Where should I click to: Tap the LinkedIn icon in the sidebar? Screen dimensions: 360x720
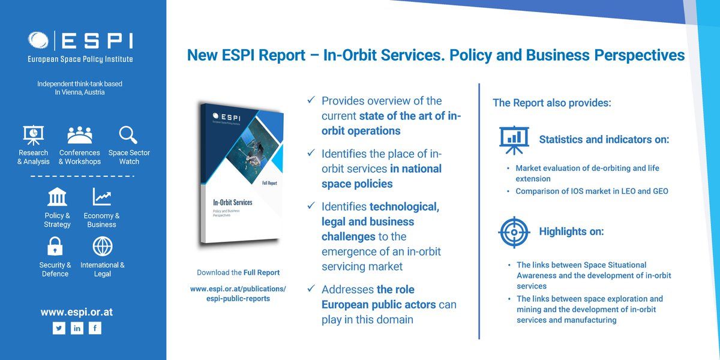point(77,328)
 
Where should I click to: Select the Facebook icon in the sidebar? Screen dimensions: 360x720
point(95,328)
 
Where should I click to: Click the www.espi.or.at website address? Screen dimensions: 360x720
point(77,312)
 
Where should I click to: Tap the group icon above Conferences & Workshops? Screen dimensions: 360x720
point(79,135)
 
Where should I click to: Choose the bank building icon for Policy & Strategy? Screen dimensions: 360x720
point(57,197)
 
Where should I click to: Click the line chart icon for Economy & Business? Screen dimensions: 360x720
point(101,197)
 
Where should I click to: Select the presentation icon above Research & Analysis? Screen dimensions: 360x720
point(33,135)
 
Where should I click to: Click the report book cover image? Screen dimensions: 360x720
point(240,174)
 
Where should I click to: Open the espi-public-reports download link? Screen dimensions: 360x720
point(238,298)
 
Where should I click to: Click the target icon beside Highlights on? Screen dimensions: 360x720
point(514,232)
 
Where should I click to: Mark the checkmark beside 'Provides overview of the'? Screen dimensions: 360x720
point(311,100)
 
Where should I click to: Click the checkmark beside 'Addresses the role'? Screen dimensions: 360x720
point(311,289)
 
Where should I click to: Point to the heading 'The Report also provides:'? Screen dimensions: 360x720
point(552,103)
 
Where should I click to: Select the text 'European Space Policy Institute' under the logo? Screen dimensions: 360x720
point(80,59)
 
